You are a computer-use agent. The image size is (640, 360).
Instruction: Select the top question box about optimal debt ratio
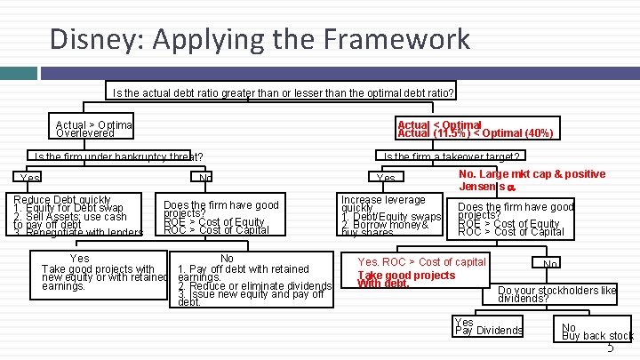pyautogui.click(x=281, y=92)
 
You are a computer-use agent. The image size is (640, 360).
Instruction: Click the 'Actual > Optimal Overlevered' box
pyautogui.click(x=93, y=130)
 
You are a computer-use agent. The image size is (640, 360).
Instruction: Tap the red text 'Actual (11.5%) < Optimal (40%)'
pyautogui.click(x=476, y=133)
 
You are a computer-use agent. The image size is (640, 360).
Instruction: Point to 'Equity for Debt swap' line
pyautogui.click(x=67, y=209)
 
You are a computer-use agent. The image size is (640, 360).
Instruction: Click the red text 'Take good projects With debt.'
pyautogui.click(x=406, y=280)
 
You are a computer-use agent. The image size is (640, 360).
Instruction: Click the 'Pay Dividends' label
pyautogui.click(x=489, y=331)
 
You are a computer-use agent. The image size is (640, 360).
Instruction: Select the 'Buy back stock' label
pyautogui.click(x=597, y=336)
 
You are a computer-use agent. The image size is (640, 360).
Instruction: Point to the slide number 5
pyautogui.click(x=610, y=348)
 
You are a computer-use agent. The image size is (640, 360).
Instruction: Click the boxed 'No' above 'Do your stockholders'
pyautogui.click(x=550, y=264)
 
